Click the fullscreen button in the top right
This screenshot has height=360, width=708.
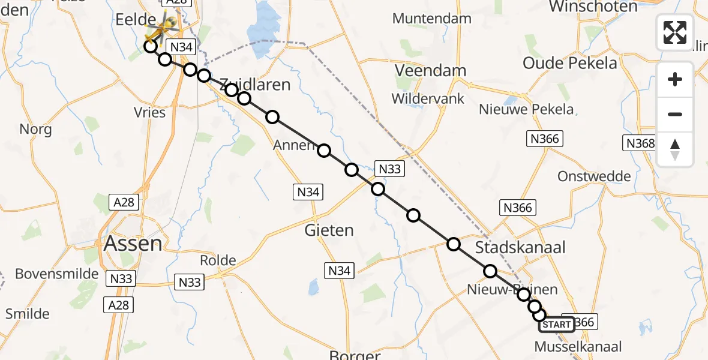pos(675,32)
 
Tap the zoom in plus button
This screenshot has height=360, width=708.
pos(675,79)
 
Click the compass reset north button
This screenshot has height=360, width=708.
pos(675,149)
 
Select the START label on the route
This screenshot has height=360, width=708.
pos(556,325)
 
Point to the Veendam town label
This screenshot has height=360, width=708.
pos(430,71)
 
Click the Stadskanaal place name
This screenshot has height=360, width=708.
pos(520,247)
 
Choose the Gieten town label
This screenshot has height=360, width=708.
pos(329,230)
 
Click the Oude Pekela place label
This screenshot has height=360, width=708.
pos(569,63)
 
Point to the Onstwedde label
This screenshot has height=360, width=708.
pos(594,176)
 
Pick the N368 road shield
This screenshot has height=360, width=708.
pos(640,143)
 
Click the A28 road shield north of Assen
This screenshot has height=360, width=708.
pos(124,202)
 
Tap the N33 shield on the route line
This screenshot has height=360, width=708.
pos(389,169)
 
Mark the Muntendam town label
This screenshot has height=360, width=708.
pos(432,19)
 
